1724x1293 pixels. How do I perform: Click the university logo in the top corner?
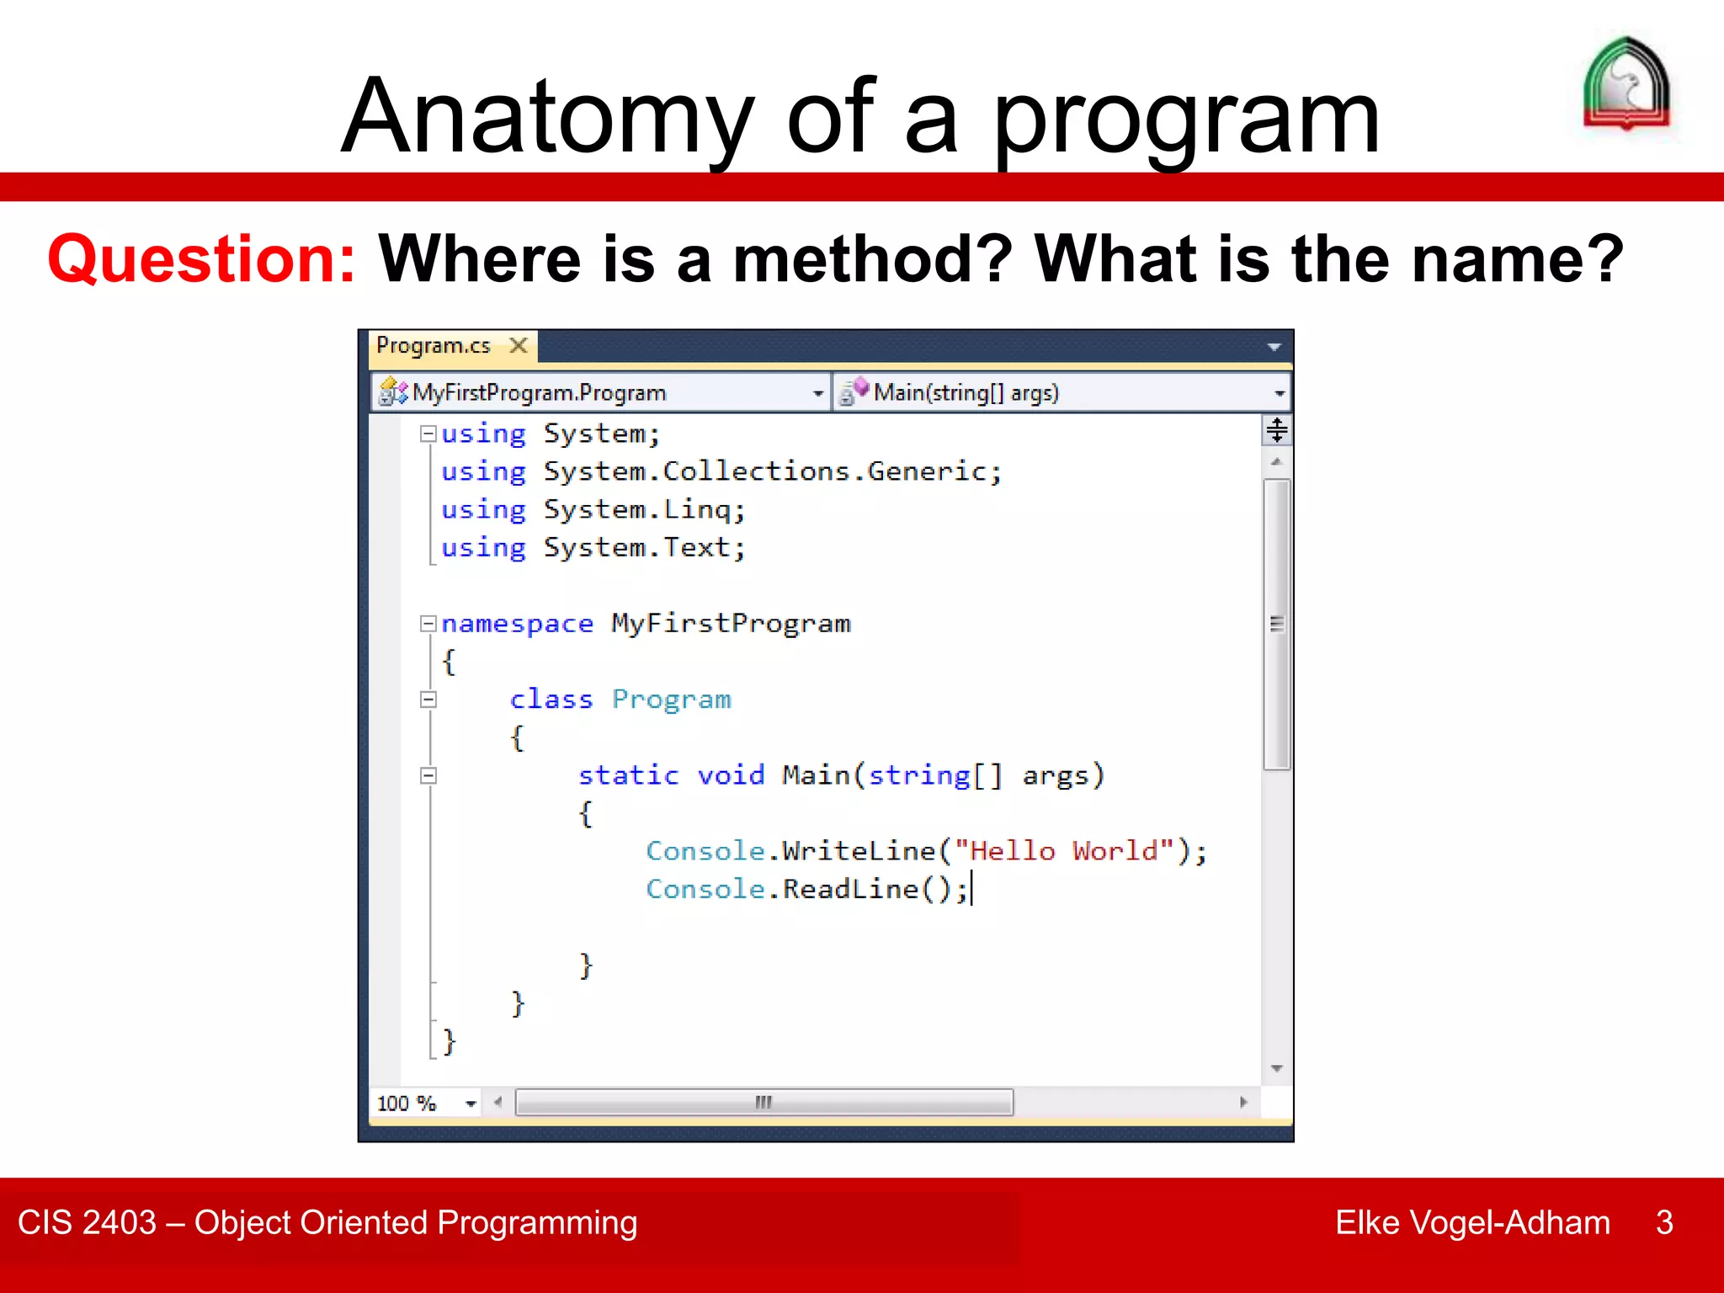[x=1626, y=84]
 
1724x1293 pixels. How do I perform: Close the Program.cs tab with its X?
[x=519, y=345]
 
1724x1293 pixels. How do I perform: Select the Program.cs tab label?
[x=433, y=345]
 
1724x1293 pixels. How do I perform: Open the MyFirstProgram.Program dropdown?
[x=817, y=393]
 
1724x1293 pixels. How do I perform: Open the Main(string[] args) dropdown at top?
[x=1279, y=393]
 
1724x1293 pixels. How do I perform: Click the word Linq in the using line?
[x=697, y=509]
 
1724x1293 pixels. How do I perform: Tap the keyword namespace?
[x=517, y=624]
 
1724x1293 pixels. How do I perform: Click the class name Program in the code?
[x=671, y=700]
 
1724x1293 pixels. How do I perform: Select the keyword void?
[x=731, y=775]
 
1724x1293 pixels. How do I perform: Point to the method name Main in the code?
[x=816, y=775]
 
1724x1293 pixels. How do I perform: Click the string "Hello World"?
[x=1063, y=851]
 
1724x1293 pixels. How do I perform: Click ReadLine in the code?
[x=850, y=889]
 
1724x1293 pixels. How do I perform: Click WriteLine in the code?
[x=859, y=851]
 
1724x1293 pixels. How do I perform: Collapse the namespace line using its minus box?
[x=428, y=624]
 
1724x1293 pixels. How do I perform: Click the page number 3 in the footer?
[x=1663, y=1222]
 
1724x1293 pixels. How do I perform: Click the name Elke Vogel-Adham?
[x=1472, y=1222]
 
